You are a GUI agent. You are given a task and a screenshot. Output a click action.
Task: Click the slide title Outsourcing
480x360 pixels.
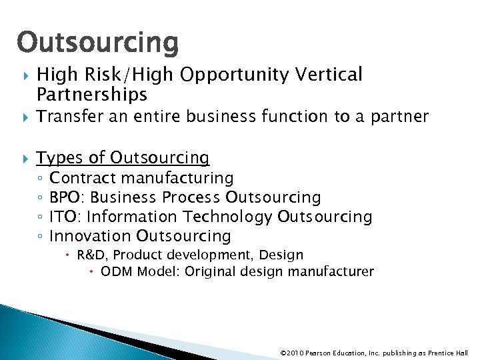point(98,43)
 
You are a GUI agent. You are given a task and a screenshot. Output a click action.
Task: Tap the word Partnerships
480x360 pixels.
point(92,95)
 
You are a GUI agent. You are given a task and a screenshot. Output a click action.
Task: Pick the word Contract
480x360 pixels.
point(83,178)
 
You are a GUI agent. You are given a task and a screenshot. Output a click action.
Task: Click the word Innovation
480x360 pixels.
point(91,236)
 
